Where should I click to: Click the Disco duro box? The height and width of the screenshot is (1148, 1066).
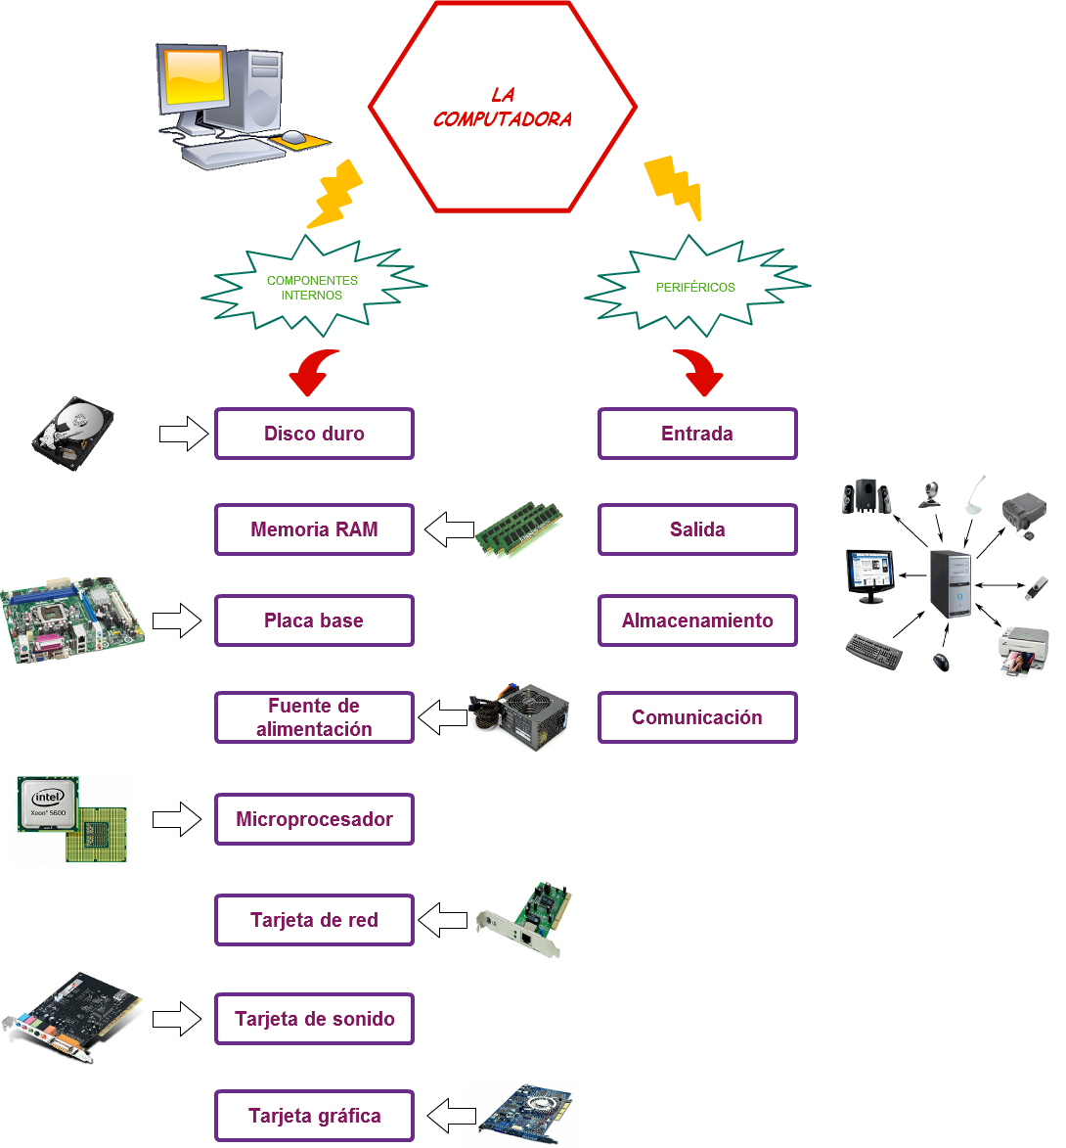(314, 434)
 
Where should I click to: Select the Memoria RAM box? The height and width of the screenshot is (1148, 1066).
(314, 529)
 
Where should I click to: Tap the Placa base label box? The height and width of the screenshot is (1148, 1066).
(314, 620)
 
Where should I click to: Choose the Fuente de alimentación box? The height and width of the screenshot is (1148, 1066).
(314, 717)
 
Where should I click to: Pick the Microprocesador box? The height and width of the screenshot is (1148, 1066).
(314, 819)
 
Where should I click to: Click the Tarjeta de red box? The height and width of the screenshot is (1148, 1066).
(314, 920)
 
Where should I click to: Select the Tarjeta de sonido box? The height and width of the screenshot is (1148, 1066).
(314, 1019)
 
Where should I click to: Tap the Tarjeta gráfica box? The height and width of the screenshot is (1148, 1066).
(314, 1116)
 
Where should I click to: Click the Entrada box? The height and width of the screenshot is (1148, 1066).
(697, 434)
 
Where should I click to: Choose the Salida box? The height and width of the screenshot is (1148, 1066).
(697, 529)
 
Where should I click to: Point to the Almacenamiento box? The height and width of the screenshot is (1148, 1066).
(697, 620)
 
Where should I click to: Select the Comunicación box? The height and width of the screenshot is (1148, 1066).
(697, 717)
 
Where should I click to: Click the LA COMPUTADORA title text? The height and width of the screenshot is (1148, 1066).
(503, 108)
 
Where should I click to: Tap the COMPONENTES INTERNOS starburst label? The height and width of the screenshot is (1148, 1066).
(313, 288)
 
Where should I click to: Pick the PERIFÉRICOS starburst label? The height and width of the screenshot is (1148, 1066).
(696, 288)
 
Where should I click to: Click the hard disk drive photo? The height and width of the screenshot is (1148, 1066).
(73, 433)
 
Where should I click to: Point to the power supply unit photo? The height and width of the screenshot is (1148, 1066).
(518, 716)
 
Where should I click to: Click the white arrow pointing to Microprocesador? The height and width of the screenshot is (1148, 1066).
(176, 819)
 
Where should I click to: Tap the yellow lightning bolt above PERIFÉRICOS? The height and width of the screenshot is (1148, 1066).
(674, 186)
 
